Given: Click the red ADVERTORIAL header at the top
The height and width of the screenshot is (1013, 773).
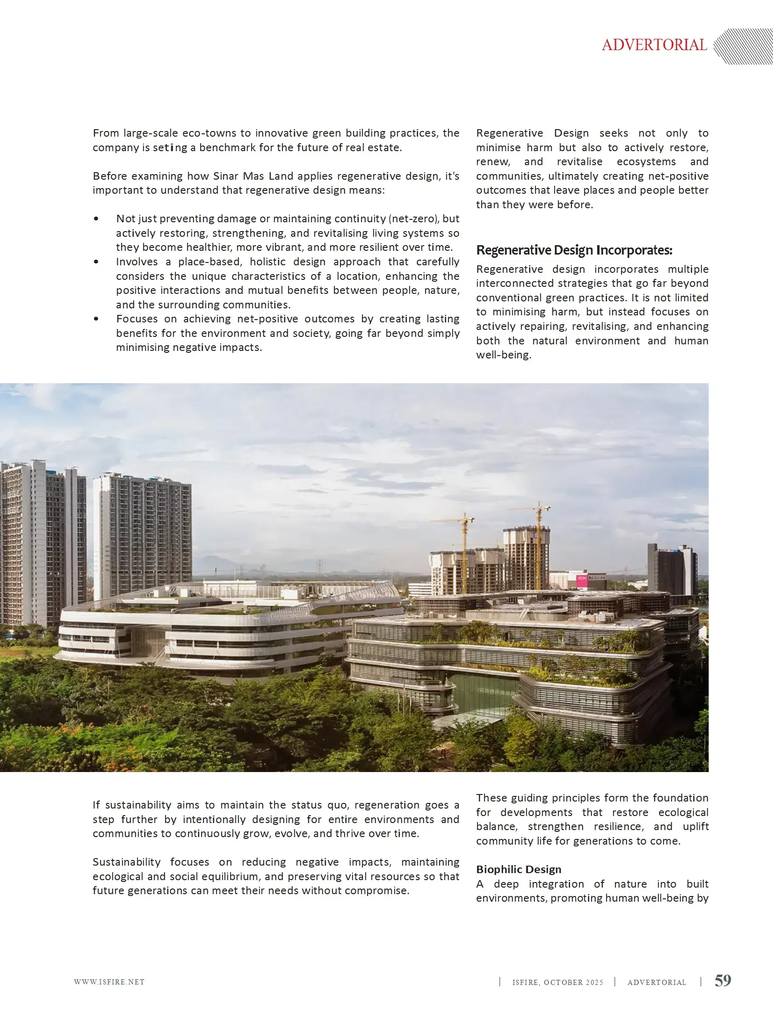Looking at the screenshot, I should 654,45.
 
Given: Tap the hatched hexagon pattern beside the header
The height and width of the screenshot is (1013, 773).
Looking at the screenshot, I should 743,46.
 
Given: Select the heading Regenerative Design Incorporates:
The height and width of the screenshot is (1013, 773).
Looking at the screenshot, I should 574,250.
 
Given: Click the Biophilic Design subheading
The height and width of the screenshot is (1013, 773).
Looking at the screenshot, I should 519,869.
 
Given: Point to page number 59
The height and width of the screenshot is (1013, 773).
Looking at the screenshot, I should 722,980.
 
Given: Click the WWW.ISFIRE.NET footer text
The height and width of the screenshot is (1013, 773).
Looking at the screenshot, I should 109,982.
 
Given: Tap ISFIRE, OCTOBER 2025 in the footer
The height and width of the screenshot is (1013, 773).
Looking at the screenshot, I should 557,983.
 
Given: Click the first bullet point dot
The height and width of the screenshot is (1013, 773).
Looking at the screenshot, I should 96,219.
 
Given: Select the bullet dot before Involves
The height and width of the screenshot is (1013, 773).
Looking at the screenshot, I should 96,262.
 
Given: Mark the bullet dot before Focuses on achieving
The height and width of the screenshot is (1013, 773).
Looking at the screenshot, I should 96,319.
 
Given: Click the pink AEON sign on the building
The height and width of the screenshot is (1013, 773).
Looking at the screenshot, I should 581,579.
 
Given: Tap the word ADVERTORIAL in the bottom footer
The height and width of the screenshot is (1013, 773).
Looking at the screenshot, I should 657,983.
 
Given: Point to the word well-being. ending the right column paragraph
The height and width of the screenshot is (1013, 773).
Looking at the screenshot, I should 503,355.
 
